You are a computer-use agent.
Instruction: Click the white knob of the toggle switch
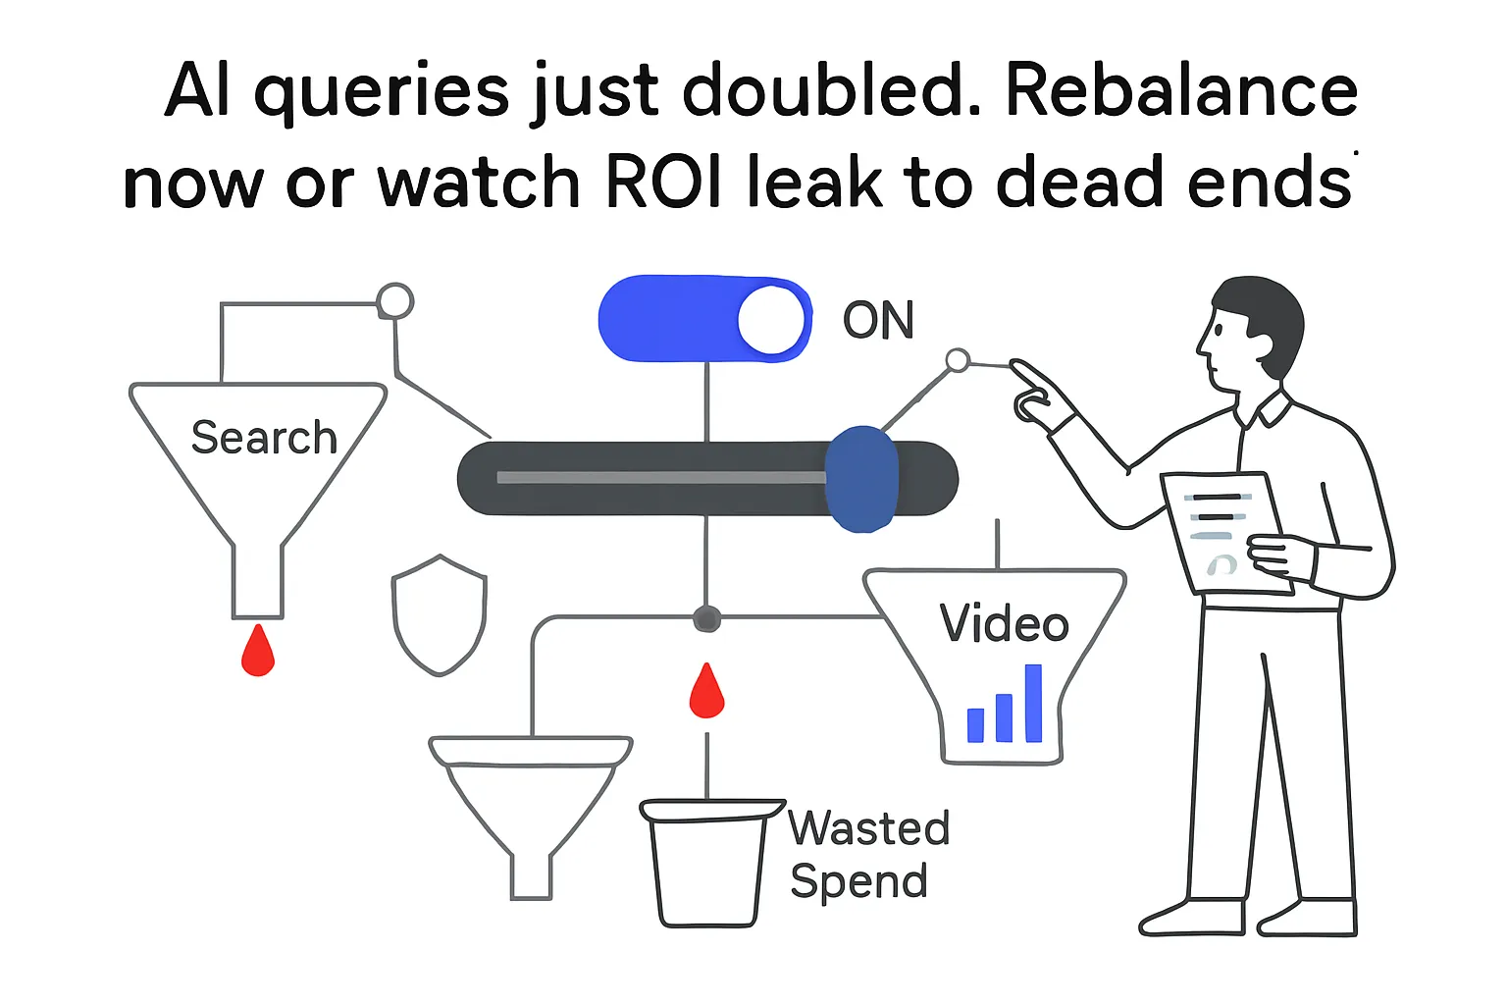(771, 319)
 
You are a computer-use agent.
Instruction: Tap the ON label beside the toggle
(878, 320)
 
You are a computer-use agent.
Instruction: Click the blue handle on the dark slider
(861, 479)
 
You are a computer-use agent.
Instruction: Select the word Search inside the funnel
(264, 438)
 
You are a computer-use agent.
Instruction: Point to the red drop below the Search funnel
(258, 652)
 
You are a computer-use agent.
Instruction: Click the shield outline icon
(440, 615)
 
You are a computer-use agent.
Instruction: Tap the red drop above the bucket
(706, 691)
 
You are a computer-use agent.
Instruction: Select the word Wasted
(869, 828)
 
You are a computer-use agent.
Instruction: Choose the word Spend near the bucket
(858, 880)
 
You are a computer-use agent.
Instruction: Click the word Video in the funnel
(1004, 623)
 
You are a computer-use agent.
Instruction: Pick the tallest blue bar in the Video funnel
(1033, 703)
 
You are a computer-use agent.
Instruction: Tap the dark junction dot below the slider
(706, 619)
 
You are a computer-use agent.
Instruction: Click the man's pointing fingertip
(1015, 366)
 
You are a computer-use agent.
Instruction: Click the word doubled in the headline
(830, 92)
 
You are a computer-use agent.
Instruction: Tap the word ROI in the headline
(664, 183)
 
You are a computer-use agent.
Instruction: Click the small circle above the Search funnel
(395, 301)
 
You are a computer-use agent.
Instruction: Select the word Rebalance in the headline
(1181, 92)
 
